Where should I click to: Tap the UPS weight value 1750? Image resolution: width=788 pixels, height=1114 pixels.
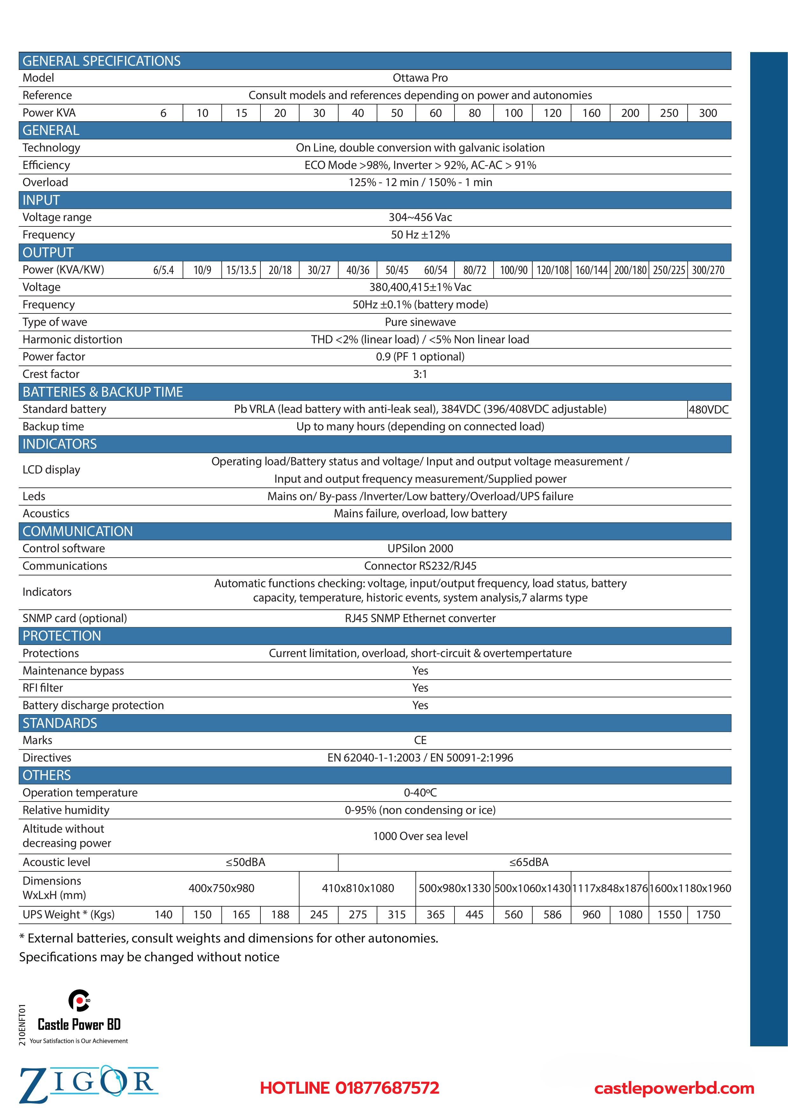pos(708,915)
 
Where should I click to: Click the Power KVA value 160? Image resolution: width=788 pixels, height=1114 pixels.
pos(591,113)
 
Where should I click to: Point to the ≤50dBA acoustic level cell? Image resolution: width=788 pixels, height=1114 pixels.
pos(246,862)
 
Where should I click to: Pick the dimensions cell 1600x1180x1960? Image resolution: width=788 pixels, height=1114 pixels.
pos(690,889)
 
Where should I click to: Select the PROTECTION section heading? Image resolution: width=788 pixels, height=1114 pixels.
pos(62,636)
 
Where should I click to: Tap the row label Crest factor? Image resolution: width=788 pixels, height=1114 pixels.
pos(51,374)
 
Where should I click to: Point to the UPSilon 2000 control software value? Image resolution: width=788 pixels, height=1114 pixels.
pos(420,548)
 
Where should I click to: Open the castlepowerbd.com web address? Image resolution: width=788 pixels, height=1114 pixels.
pos(674,1088)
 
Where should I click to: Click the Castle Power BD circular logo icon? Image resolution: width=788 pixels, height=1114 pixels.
pos(79,1000)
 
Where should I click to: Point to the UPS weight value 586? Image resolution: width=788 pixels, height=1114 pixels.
pos(552,915)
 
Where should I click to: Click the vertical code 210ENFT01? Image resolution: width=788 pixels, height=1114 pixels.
pos(22,1025)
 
